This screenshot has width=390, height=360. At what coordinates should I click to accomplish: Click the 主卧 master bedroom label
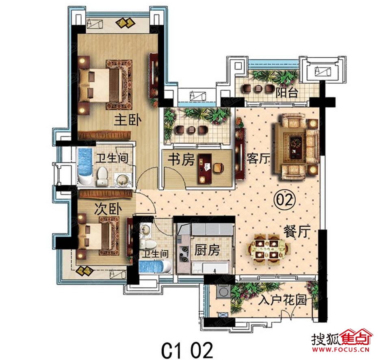tap(128, 121)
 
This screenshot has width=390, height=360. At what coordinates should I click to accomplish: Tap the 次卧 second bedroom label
tap(108, 209)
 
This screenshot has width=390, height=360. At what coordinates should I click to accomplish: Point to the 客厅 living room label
tap(258, 158)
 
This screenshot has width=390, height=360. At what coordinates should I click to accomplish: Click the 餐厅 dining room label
tap(297, 232)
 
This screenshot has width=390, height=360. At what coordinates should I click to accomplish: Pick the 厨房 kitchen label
tap(207, 250)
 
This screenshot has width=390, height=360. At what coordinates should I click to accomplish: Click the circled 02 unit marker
tap(284, 200)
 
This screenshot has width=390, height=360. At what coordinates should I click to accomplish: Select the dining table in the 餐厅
tap(269, 249)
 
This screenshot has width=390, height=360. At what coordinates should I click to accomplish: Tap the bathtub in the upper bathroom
tap(85, 167)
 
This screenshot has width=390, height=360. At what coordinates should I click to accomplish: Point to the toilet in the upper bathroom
tap(102, 177)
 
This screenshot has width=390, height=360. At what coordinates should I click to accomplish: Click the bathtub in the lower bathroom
tap(155, 267)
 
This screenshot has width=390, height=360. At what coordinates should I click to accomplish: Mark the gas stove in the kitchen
tap(184, 254)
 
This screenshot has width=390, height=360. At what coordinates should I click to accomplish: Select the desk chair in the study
tap(219, 168)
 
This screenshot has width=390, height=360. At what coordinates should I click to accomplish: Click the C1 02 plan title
tap(187, 349)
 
